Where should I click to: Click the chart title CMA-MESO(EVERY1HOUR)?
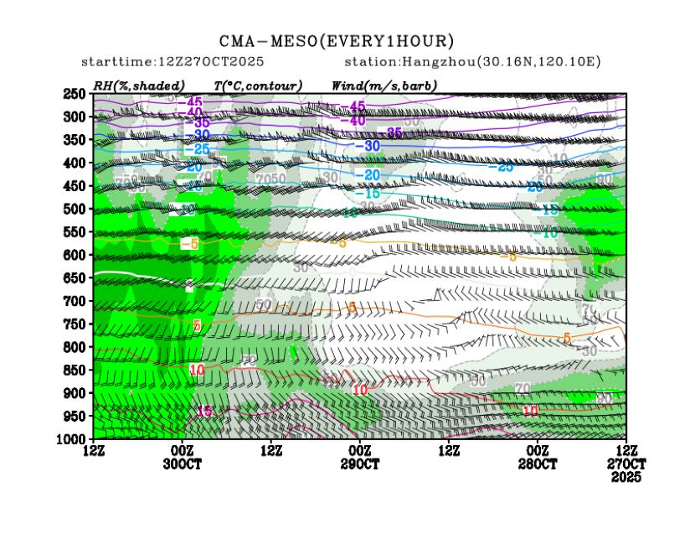(337, 41)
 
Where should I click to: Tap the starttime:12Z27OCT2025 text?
(172, 62)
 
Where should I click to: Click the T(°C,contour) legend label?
(258, 85)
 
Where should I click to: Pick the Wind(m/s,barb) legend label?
(384, 85)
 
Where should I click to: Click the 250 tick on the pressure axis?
(75, 93)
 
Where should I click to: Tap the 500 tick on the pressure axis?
(75, 209)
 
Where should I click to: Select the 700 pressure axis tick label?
(75, 301)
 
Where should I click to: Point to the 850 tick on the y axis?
(75, 370)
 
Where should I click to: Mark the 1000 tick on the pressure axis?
(73, 439)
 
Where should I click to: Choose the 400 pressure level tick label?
(75, 163)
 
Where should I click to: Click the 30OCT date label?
(181, 464)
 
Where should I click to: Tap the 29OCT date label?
(359, 464)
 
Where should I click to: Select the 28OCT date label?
(538, 464)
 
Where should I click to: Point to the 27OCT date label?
(626, 464)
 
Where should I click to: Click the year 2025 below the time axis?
(626, 476)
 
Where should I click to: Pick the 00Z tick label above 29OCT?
(359, 451)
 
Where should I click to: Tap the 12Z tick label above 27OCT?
(626, 451)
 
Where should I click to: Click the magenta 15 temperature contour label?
(204, 411)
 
